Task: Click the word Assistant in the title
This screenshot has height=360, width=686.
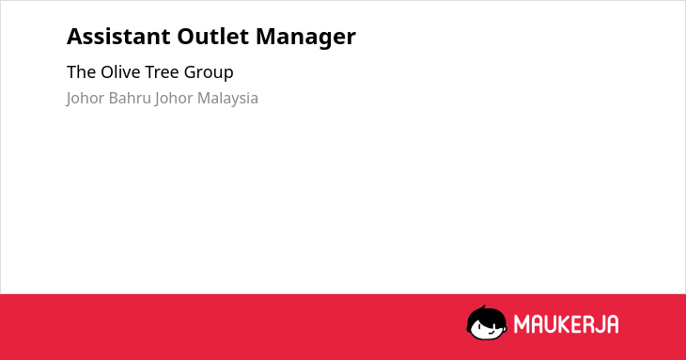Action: tap(118, 37)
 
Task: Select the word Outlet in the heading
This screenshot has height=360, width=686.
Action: tap(213, 37)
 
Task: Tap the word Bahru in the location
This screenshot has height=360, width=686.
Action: tap(130, 98)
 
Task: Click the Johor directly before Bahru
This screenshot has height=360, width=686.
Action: tap(86, 99)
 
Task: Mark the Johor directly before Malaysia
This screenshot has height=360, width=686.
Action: tap(174, 99)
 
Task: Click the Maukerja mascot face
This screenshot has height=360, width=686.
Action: tap(487, 323)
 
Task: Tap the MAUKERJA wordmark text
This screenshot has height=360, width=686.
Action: tap(566, 324)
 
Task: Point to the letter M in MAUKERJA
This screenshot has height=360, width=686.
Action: tap(522, 324)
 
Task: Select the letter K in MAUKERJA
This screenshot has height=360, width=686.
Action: tap(564, 324)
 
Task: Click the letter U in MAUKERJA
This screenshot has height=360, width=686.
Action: tap(549, 324)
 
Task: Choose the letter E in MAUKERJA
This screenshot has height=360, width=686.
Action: tap(576, 324)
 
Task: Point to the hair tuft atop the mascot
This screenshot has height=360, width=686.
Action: tap(483, 308)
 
